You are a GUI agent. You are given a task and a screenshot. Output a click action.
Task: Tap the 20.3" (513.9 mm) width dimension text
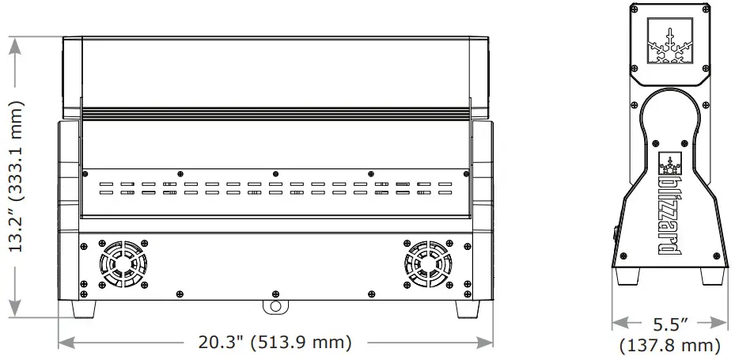275,343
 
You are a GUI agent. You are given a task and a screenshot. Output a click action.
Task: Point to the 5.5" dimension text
671,323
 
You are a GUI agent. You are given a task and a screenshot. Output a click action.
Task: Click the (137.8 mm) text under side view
671,345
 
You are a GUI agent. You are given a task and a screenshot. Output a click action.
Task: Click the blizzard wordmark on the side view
669,213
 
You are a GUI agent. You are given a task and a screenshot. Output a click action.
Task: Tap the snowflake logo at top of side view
670,43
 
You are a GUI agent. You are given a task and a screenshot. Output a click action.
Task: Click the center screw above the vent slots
275,172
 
